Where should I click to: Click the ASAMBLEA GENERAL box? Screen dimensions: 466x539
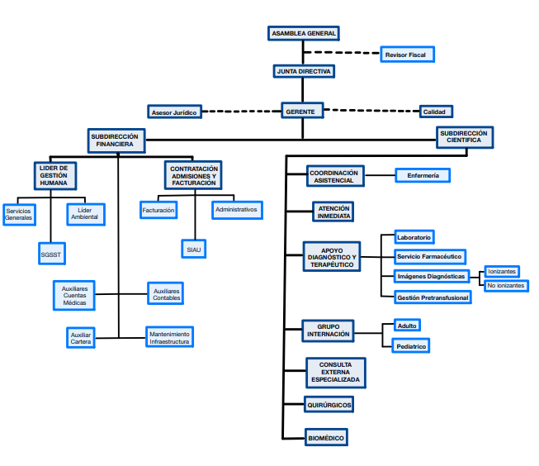coord(304,34)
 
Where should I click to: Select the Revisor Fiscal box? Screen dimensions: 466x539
coord(405,55)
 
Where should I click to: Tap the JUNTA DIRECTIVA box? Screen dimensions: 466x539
coord(304,72)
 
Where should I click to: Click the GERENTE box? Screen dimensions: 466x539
coord(302,112)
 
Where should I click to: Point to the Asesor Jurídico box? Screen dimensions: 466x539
coord(174,112)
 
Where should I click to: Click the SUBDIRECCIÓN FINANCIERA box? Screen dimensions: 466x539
coord(116,140)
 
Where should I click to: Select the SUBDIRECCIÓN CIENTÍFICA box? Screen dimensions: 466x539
coord(464,137)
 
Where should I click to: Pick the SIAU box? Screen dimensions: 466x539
coord(194,249)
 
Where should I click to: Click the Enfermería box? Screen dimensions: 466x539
coord(423,175)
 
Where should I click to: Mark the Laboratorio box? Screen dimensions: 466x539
coord(413,237)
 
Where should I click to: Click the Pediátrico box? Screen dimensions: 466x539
coord(411,346)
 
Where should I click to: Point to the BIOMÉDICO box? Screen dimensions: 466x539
coord(325,437)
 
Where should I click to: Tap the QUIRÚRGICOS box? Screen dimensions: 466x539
coord(329,405)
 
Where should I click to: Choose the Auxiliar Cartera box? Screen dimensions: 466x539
coord(80,338)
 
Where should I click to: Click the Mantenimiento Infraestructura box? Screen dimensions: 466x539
coord(169,336)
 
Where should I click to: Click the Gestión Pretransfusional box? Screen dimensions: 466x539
coord(433,297)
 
